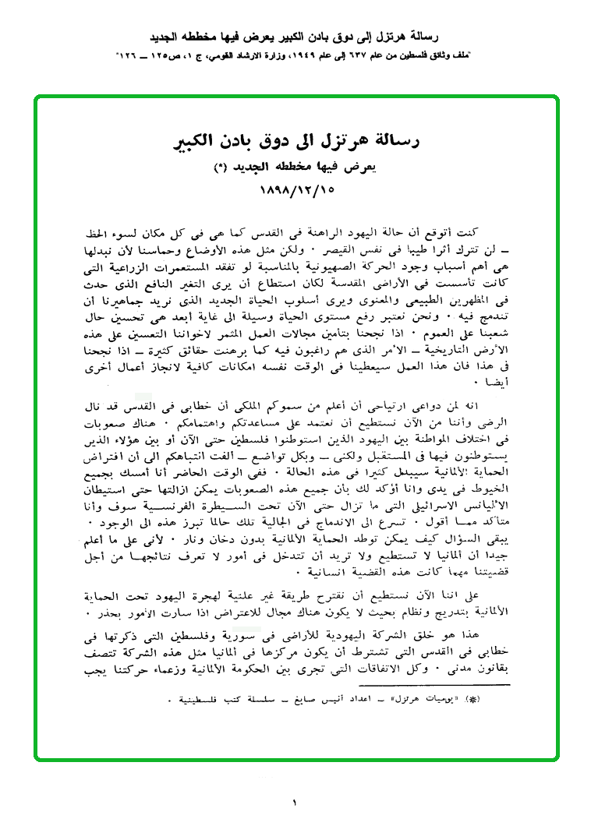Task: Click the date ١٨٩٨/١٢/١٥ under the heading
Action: click(295, 189)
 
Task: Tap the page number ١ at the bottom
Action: click(295, 802)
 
